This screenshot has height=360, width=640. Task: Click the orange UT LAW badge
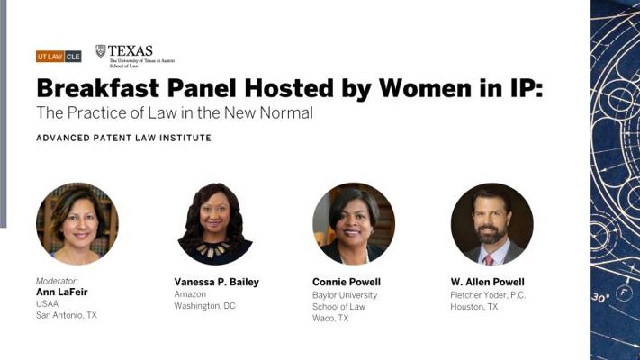(x=50, y=57)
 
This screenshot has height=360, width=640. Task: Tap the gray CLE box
(x=73, y=57)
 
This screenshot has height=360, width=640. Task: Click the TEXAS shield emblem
(x=101, y=51)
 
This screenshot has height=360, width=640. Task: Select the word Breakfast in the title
(x=98, y=88)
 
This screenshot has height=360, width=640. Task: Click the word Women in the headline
(x=426, y=88)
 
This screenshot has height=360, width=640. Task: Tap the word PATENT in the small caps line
(x=109, y=138)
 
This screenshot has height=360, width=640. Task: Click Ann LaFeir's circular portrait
(x=77, y=224)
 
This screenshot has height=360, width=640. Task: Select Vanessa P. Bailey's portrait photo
(x=215, y=224)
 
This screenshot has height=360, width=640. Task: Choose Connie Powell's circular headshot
(x=354, y=224)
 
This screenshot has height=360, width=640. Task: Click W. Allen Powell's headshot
(x=491, y=224)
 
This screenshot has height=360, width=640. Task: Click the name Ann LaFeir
(x=61, y=292)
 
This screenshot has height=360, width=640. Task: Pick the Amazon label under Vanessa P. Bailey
(x=190, y=294)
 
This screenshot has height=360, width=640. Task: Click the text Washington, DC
(x=204, y=306)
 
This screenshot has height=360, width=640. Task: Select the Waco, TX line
(x=330, y=318)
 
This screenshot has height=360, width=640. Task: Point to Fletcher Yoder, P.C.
(x=488, y=294)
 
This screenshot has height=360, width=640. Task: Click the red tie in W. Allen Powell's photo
(x=489, y=259)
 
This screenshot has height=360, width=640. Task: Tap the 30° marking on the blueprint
(x=600, y=298)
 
